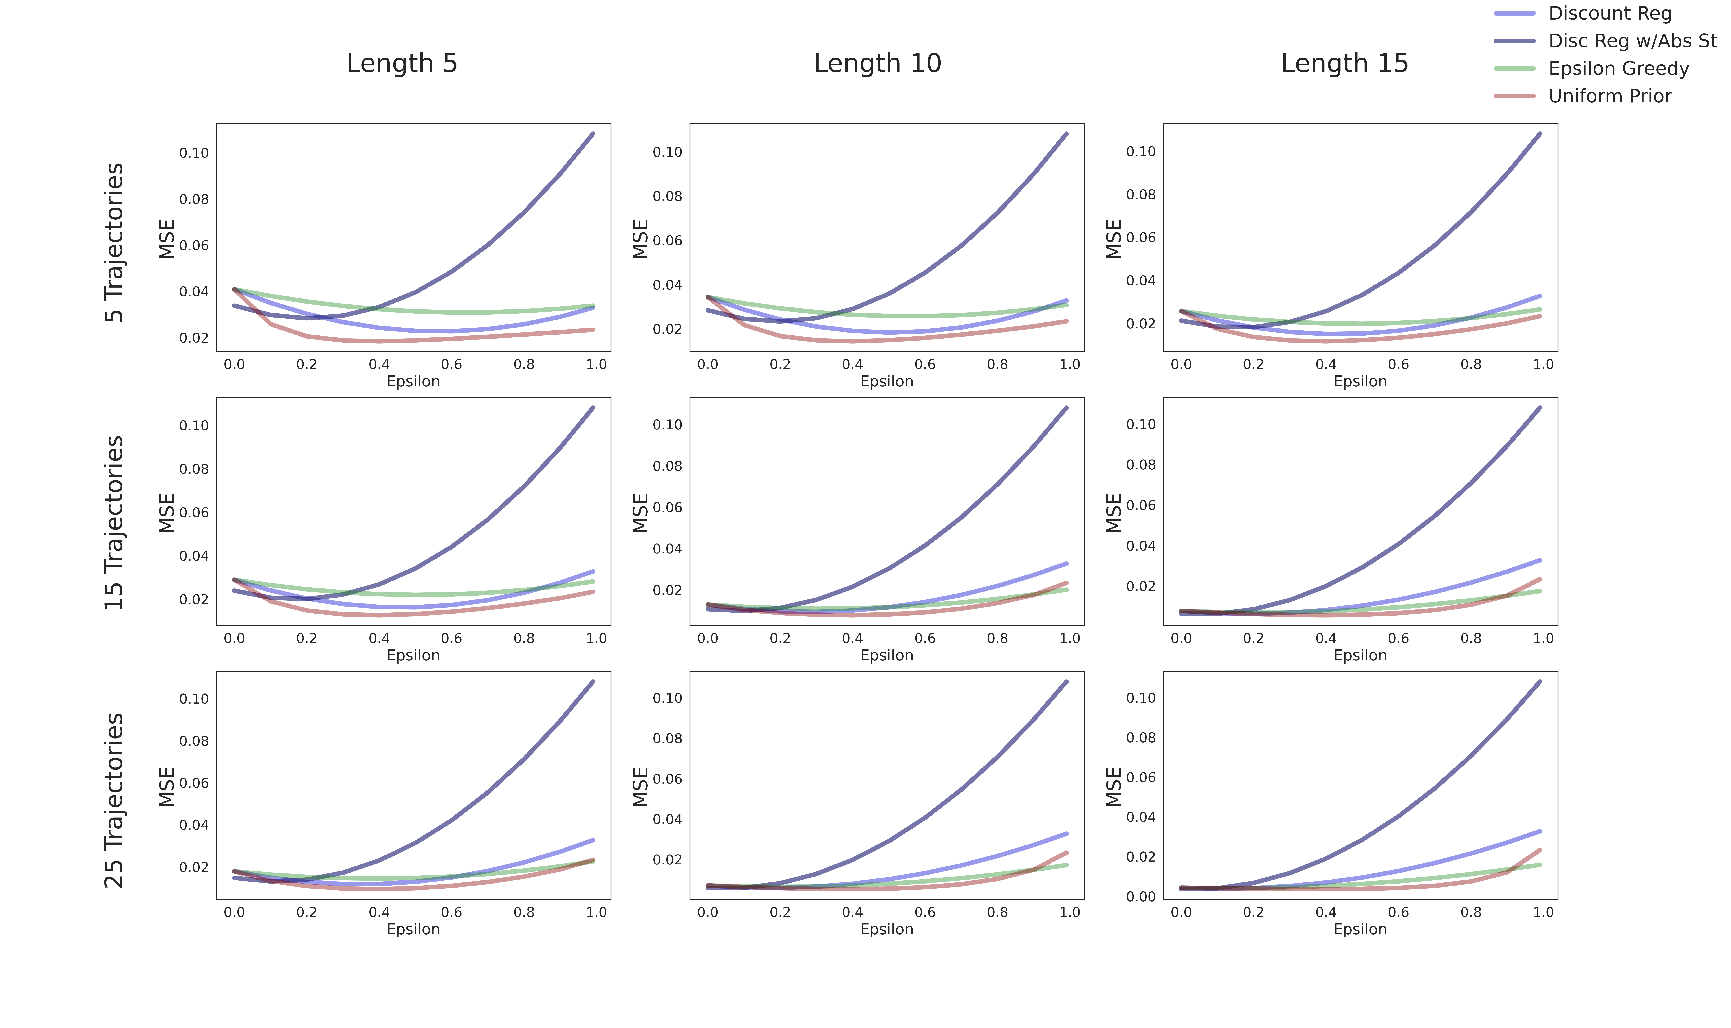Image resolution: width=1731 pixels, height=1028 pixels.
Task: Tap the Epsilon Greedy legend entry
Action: point(1618,69)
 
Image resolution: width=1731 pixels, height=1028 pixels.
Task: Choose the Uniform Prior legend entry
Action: point(1609,96)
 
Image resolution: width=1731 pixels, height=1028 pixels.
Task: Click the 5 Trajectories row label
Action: point(114,242)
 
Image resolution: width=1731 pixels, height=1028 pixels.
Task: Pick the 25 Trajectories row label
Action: point(114,800)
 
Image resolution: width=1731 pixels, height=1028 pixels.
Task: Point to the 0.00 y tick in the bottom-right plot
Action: point(1141,896)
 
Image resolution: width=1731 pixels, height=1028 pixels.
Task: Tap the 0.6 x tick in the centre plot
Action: point(925,638)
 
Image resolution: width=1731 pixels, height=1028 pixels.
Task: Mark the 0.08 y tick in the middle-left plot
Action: point(194,469)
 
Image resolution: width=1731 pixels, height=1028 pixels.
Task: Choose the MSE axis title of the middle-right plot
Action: point(1113,513)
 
